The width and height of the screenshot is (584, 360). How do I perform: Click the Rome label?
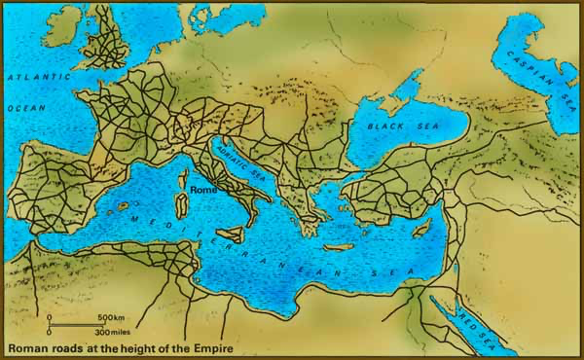tap(204, 191)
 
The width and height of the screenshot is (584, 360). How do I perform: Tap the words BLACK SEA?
tap(393, 126)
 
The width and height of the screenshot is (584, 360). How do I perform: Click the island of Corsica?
tap(183, 178)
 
